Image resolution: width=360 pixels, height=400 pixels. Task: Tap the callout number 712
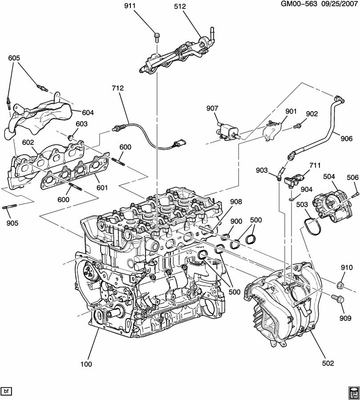[118, 88]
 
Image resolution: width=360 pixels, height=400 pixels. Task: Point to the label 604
[88, 112]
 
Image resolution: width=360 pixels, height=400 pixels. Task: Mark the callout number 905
[12, 223]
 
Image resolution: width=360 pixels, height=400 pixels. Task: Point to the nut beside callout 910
[340, 284]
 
